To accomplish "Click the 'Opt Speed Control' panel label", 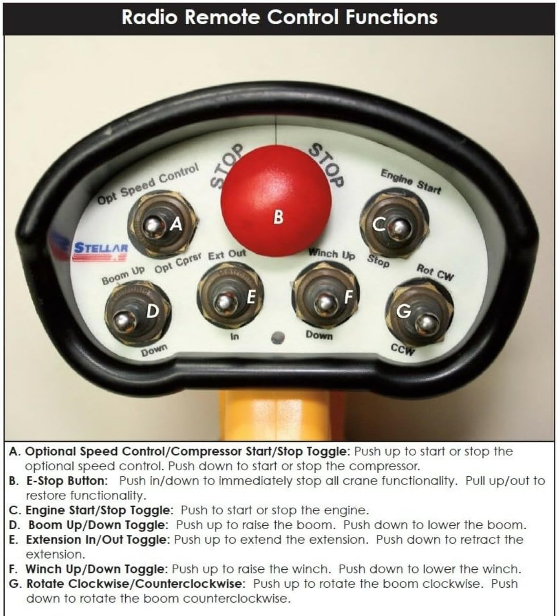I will click(x=148, y=183).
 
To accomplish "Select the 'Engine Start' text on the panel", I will click(x=410, y=181).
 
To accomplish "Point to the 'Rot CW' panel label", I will click(x=435, y=272).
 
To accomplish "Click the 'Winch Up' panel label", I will click(x=331, y=254).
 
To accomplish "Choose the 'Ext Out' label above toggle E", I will click(x=227, y=254).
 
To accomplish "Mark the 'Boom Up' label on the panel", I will click(x=124, y=276).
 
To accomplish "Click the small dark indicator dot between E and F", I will click(x=278, y=337).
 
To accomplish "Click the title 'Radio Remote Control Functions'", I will click(x=279, y=17).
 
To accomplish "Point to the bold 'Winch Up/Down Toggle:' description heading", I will click(x=97, y=569).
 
